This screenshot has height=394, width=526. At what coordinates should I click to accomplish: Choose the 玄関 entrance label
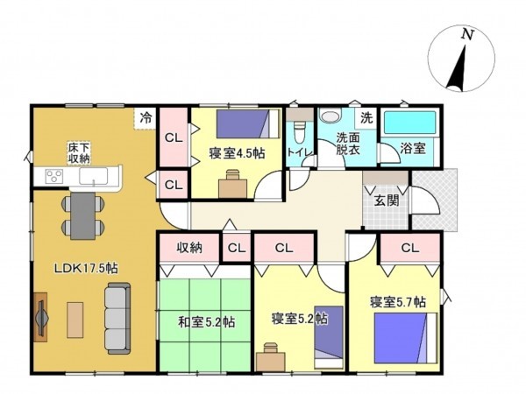pyautogui.click(x=387, y=201)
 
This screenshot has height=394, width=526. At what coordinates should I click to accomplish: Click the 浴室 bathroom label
pyautogui.click(x=413, y=150)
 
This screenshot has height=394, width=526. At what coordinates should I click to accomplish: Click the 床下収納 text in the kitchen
pyautogui.click(x=79, y=153)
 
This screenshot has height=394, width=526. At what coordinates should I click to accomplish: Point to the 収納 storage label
pyautogui.click(x=189, y=248)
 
